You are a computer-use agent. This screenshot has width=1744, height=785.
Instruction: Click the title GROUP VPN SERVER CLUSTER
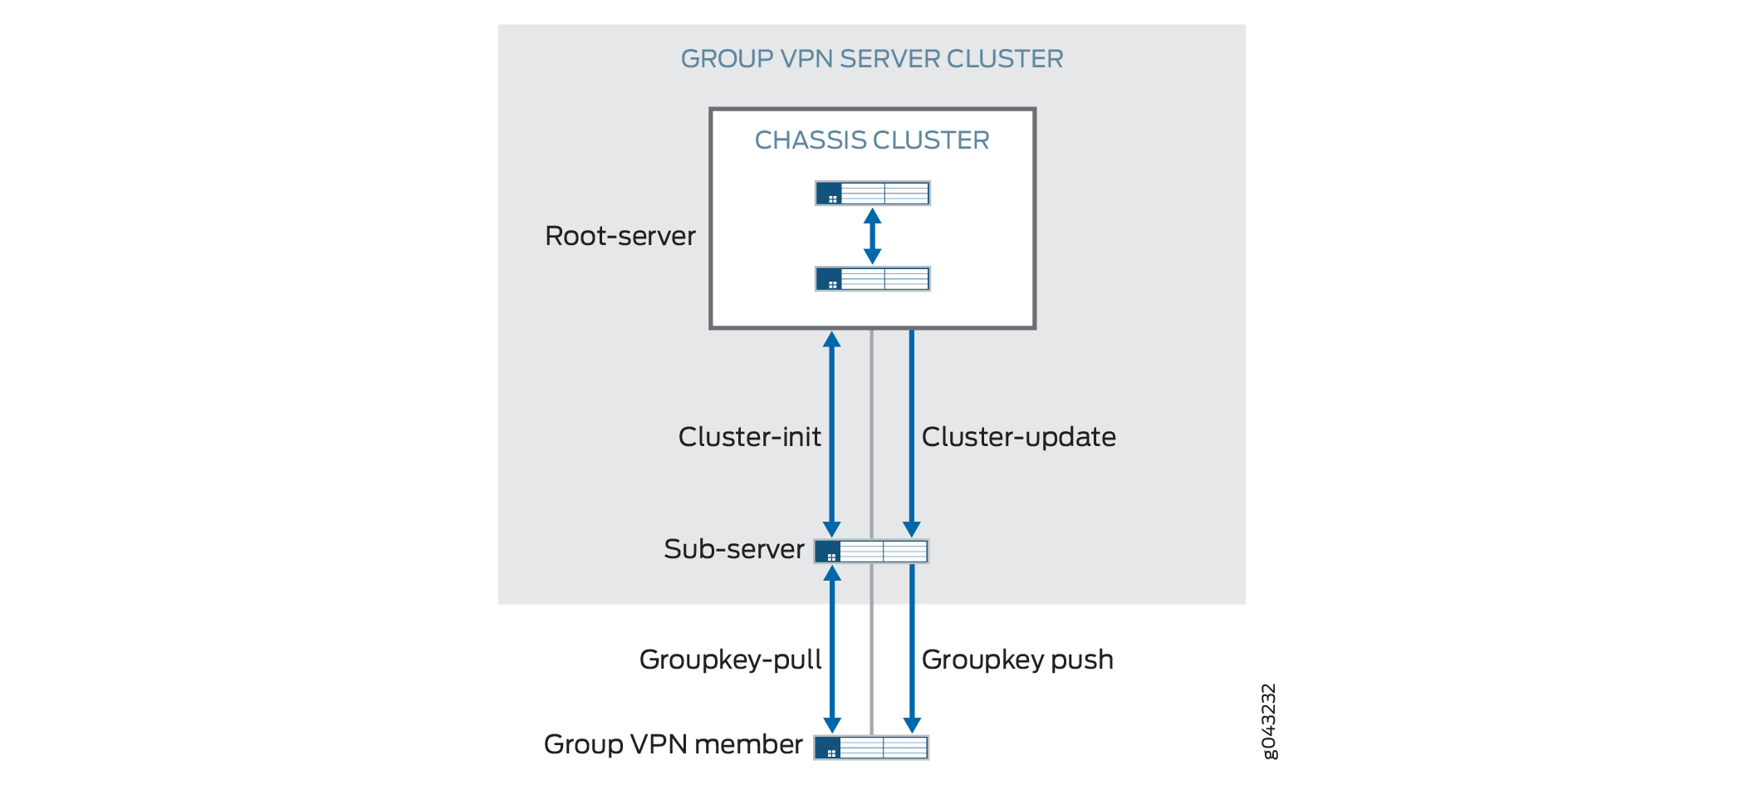coord(871,59)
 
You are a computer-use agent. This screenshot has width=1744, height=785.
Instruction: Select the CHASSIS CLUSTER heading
coord(871,140)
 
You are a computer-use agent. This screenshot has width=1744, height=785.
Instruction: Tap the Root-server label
coord(620,236)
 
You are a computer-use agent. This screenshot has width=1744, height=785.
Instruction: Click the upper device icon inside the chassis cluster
coord(872,194)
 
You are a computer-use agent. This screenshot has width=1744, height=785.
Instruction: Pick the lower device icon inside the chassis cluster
coord(872,279)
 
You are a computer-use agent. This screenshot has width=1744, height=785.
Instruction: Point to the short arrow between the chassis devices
coord(872,236)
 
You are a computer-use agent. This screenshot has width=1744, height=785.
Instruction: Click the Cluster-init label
coord(749,437)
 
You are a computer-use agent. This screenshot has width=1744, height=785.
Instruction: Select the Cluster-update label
coord(1018,437)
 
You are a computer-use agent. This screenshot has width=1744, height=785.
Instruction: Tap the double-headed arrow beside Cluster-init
coord(831,434)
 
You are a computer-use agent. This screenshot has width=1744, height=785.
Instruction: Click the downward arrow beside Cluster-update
coord(911,432)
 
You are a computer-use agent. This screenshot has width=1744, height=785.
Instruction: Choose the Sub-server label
coord(733,549)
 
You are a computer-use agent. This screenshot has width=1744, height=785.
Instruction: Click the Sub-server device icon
coord(871,552)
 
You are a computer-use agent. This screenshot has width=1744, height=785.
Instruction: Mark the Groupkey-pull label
coord(730,660)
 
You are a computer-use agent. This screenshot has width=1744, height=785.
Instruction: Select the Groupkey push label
coord(1017,660)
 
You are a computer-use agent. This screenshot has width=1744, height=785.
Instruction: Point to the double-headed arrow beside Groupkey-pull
coord(832,650)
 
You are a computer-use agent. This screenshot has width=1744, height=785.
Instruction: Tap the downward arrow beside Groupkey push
coord(912,648)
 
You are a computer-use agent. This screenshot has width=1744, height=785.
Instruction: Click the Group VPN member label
coord(673,744)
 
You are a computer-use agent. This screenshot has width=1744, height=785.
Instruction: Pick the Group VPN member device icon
coord(871,748)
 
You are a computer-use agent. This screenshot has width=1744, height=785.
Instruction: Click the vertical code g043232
coord(1269,721)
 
